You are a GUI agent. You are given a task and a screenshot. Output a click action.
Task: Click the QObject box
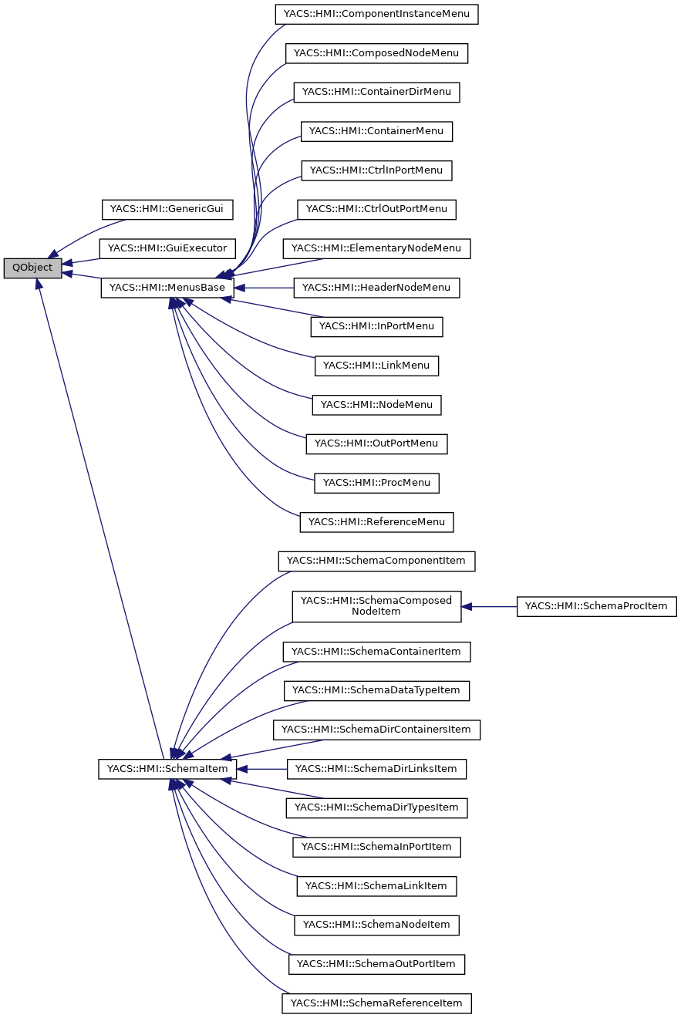pos(32,268)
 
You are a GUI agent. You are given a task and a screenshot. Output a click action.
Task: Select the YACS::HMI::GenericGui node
pos(167,209)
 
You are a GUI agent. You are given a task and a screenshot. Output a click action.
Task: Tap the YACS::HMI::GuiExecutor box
pos(167,248)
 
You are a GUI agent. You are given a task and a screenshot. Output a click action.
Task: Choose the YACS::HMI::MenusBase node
pos(167,288)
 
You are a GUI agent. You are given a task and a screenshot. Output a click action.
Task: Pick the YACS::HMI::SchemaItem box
pos(167,769)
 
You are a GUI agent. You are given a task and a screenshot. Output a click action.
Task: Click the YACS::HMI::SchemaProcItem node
pos(596,606)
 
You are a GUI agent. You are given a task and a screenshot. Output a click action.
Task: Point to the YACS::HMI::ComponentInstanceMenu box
pos(377,14)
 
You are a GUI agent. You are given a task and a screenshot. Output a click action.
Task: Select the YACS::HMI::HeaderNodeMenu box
pos(376,288)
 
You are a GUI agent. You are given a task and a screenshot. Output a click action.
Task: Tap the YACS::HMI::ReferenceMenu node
pos(376,522)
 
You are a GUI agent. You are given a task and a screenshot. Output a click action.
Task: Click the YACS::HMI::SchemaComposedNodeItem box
pos(376,606)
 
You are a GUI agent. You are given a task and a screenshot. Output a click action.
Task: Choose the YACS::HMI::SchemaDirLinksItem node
pos(376,769)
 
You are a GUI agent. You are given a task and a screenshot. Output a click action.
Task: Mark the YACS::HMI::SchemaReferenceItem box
pos(376,1003)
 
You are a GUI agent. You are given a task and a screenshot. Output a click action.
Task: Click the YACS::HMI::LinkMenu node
pos(376,366)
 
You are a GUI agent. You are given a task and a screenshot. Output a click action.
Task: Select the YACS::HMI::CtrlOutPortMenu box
pos(376,209)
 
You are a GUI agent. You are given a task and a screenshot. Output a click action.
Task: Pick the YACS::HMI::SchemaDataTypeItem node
pos(376,690)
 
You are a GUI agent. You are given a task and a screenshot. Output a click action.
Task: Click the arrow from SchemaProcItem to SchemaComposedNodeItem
pos(489,606)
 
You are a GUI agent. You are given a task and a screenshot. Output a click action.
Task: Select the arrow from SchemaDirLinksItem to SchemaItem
pos(262,769)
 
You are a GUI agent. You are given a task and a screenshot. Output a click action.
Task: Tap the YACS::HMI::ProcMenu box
pos(376,483)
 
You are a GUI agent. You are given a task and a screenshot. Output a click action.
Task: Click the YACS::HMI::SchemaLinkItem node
pos(376,886)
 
